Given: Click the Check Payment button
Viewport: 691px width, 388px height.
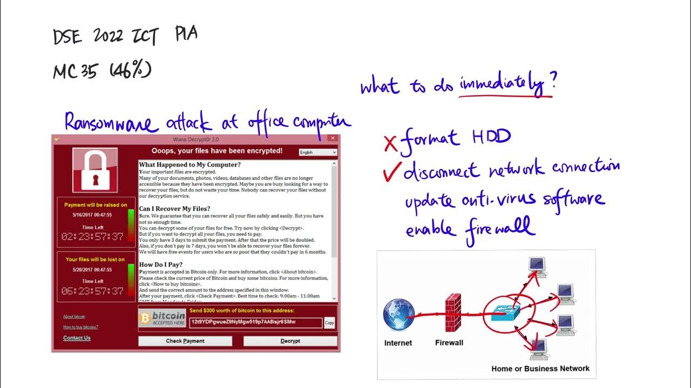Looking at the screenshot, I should coord(185,341).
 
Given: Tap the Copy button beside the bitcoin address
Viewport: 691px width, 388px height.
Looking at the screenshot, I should coord(330,323).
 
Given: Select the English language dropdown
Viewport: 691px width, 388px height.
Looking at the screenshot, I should coord(318,153).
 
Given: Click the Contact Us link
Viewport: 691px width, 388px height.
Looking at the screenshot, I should coord(77,338).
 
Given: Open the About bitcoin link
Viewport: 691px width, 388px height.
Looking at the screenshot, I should coord(74,317).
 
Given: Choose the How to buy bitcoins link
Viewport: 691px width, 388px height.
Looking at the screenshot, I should coord(80,327).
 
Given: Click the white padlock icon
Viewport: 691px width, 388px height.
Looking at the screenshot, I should coord(95,170).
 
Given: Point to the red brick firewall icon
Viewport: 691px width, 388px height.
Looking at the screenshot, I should coord(452,312).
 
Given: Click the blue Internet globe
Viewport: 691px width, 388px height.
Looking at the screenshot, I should coord(399,316).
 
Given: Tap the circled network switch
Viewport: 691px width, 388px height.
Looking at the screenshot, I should coord(509,313).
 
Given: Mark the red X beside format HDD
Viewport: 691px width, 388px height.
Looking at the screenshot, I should coord(390,143).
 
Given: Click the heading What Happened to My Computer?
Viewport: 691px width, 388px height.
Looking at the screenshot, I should coord(189,164).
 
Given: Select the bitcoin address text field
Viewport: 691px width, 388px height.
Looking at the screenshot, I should coord(255,322).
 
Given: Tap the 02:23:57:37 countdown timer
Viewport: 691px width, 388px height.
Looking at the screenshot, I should coord(92,237).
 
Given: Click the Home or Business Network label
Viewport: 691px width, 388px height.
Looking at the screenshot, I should coord(540,369).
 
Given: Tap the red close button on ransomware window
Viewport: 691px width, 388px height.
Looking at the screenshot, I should coord(334,139).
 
